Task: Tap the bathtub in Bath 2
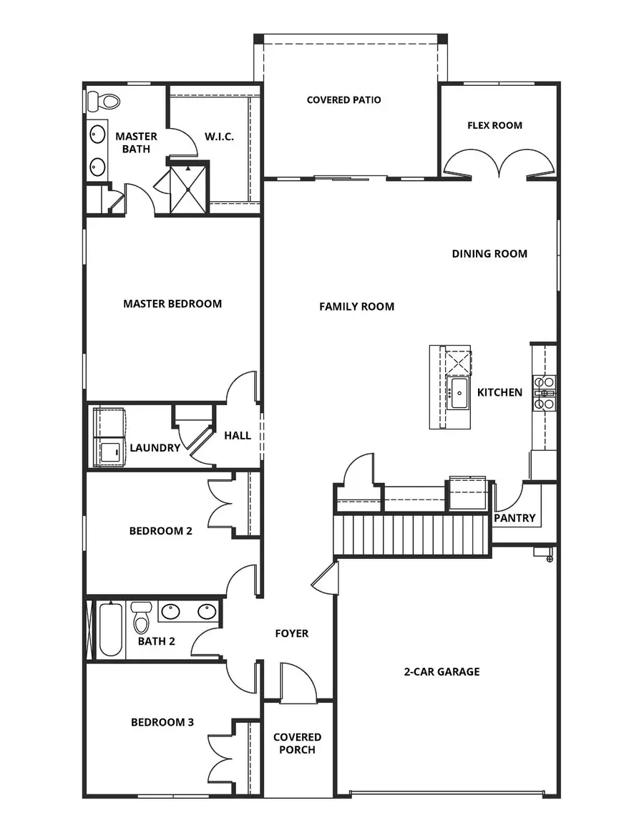[x=109, y=630]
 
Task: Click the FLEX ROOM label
[x=494, y=125]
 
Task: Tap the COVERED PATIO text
[x=343, y=100]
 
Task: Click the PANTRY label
[x=514, y=518]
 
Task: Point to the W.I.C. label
[x=219, y=136]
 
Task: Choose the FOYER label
[x=292, y=633]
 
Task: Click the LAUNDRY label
[x=155, y=448]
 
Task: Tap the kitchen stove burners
[x=544, y=393]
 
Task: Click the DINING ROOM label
[x=489, y=253]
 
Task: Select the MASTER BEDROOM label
[x=172, y=303]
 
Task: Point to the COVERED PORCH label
[x=297, y=743]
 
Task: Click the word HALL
[x=238, y=435]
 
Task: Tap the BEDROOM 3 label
[x=162, y=722]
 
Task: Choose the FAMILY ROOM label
[x=356, y=306]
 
